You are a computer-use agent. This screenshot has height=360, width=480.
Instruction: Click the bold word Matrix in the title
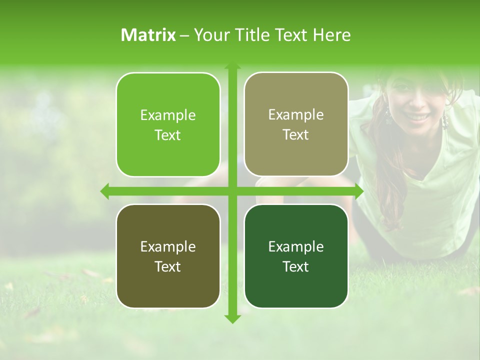[148, 35]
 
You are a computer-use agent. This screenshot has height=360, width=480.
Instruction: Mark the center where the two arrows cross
[232, 191]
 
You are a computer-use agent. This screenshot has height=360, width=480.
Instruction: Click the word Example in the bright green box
[168, 115]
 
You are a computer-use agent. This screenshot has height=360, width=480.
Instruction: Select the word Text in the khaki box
[296, 135]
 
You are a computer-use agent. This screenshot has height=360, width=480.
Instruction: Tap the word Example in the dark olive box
[168, 247]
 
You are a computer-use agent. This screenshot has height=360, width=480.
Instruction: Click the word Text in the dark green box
[296, 267]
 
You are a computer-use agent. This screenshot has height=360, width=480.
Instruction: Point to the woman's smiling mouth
[416, 117]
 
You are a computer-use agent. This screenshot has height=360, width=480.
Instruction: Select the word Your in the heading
[210, 35]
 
